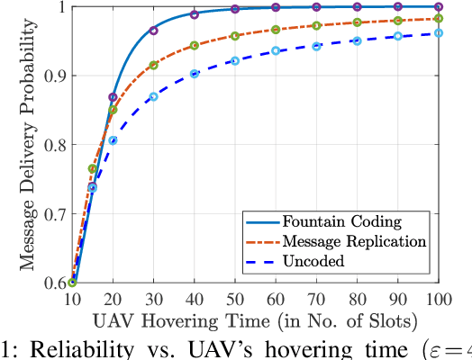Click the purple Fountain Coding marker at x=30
coord(153,31)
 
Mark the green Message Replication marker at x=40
coord(194,45)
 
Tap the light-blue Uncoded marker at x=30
coord(153,96)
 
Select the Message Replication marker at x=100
coord(439,18)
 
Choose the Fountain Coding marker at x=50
coord(234,9)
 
